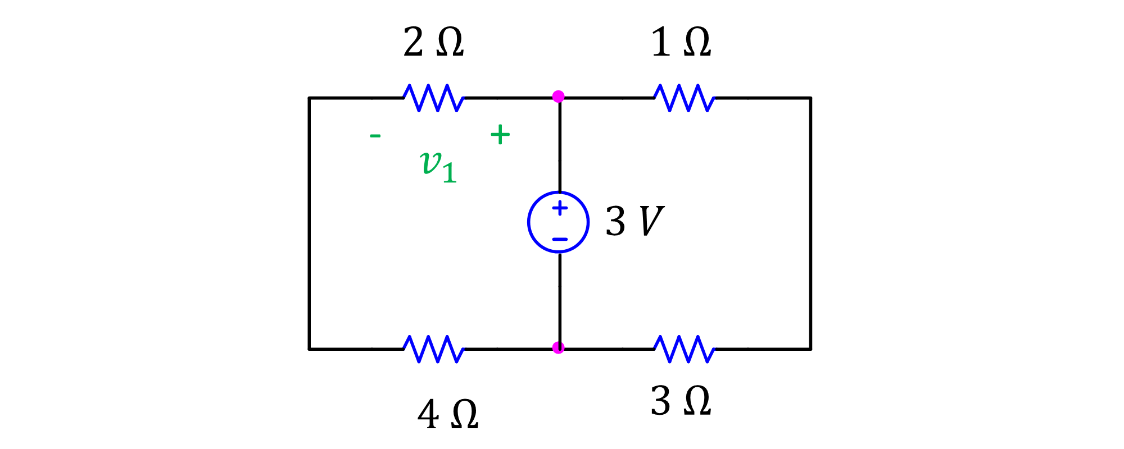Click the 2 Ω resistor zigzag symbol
tap(433, 98)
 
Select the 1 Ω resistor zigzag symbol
tap(684, 98)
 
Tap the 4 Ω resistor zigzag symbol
tap(433, 349)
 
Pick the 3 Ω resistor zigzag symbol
tap(684, 349)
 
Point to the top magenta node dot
tap(558, 97)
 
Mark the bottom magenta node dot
tap(558, 348)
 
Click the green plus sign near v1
tap(500, 135)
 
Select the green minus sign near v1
tap(375, 135)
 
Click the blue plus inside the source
tap(560, 208)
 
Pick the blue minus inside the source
tap(560, 239)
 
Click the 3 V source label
tap(634, 221)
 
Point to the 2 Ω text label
tap(433, 43)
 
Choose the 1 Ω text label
tap(681, 43)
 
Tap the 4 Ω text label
tap(447, 415)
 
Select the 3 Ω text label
tap(681, 401)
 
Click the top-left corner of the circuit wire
tap(309, 98)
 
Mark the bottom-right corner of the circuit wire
tap(810, 349)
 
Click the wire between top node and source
tap(560, 146)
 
